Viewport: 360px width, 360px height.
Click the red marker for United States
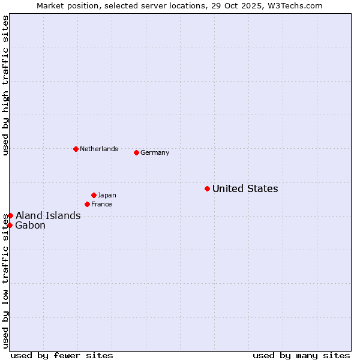(x=207, y=188)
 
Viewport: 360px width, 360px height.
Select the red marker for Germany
(x=136, y=152)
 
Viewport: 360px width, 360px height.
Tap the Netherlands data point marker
(x=76, y=149)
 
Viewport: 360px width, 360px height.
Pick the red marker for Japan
(x=94, y=195)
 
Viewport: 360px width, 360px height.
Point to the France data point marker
(x=87, y=204)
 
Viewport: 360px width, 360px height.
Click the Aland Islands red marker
(x=10, y=215)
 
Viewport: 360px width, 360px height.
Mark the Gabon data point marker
(x=10, y=225)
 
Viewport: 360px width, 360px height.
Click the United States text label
(x=245, y=189)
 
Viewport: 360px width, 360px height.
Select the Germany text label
(x=155, y=152)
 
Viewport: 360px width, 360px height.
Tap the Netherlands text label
(x=99, y=149)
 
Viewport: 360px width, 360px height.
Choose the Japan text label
(x=107, y=195)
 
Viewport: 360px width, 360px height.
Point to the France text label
(x=101, y=204)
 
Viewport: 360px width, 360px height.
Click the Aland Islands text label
(x=48, y=216)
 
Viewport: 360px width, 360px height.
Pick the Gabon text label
(x=30, y=226)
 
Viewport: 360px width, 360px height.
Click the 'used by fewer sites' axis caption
(x=62, y=355)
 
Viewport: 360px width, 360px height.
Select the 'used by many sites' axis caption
(x=301, y=355)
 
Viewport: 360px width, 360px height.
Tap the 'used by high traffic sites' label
(x=6, y=85)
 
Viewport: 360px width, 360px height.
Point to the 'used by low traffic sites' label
(x=6, y=280)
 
